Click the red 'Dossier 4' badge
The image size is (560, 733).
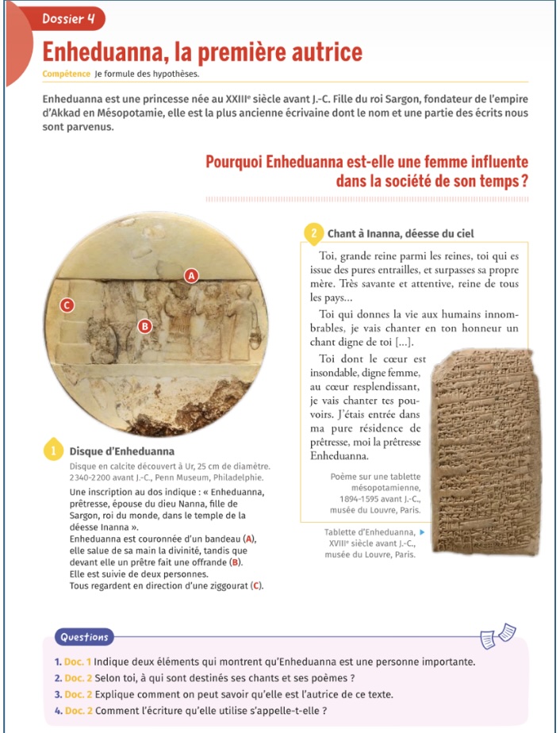68,18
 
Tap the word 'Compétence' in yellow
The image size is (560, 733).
67,75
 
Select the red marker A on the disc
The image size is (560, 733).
190,275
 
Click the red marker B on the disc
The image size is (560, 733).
144,325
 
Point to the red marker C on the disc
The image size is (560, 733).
67,305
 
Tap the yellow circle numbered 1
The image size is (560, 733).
52,450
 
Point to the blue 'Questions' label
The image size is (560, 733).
84,637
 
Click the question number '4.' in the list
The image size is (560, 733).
59,710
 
